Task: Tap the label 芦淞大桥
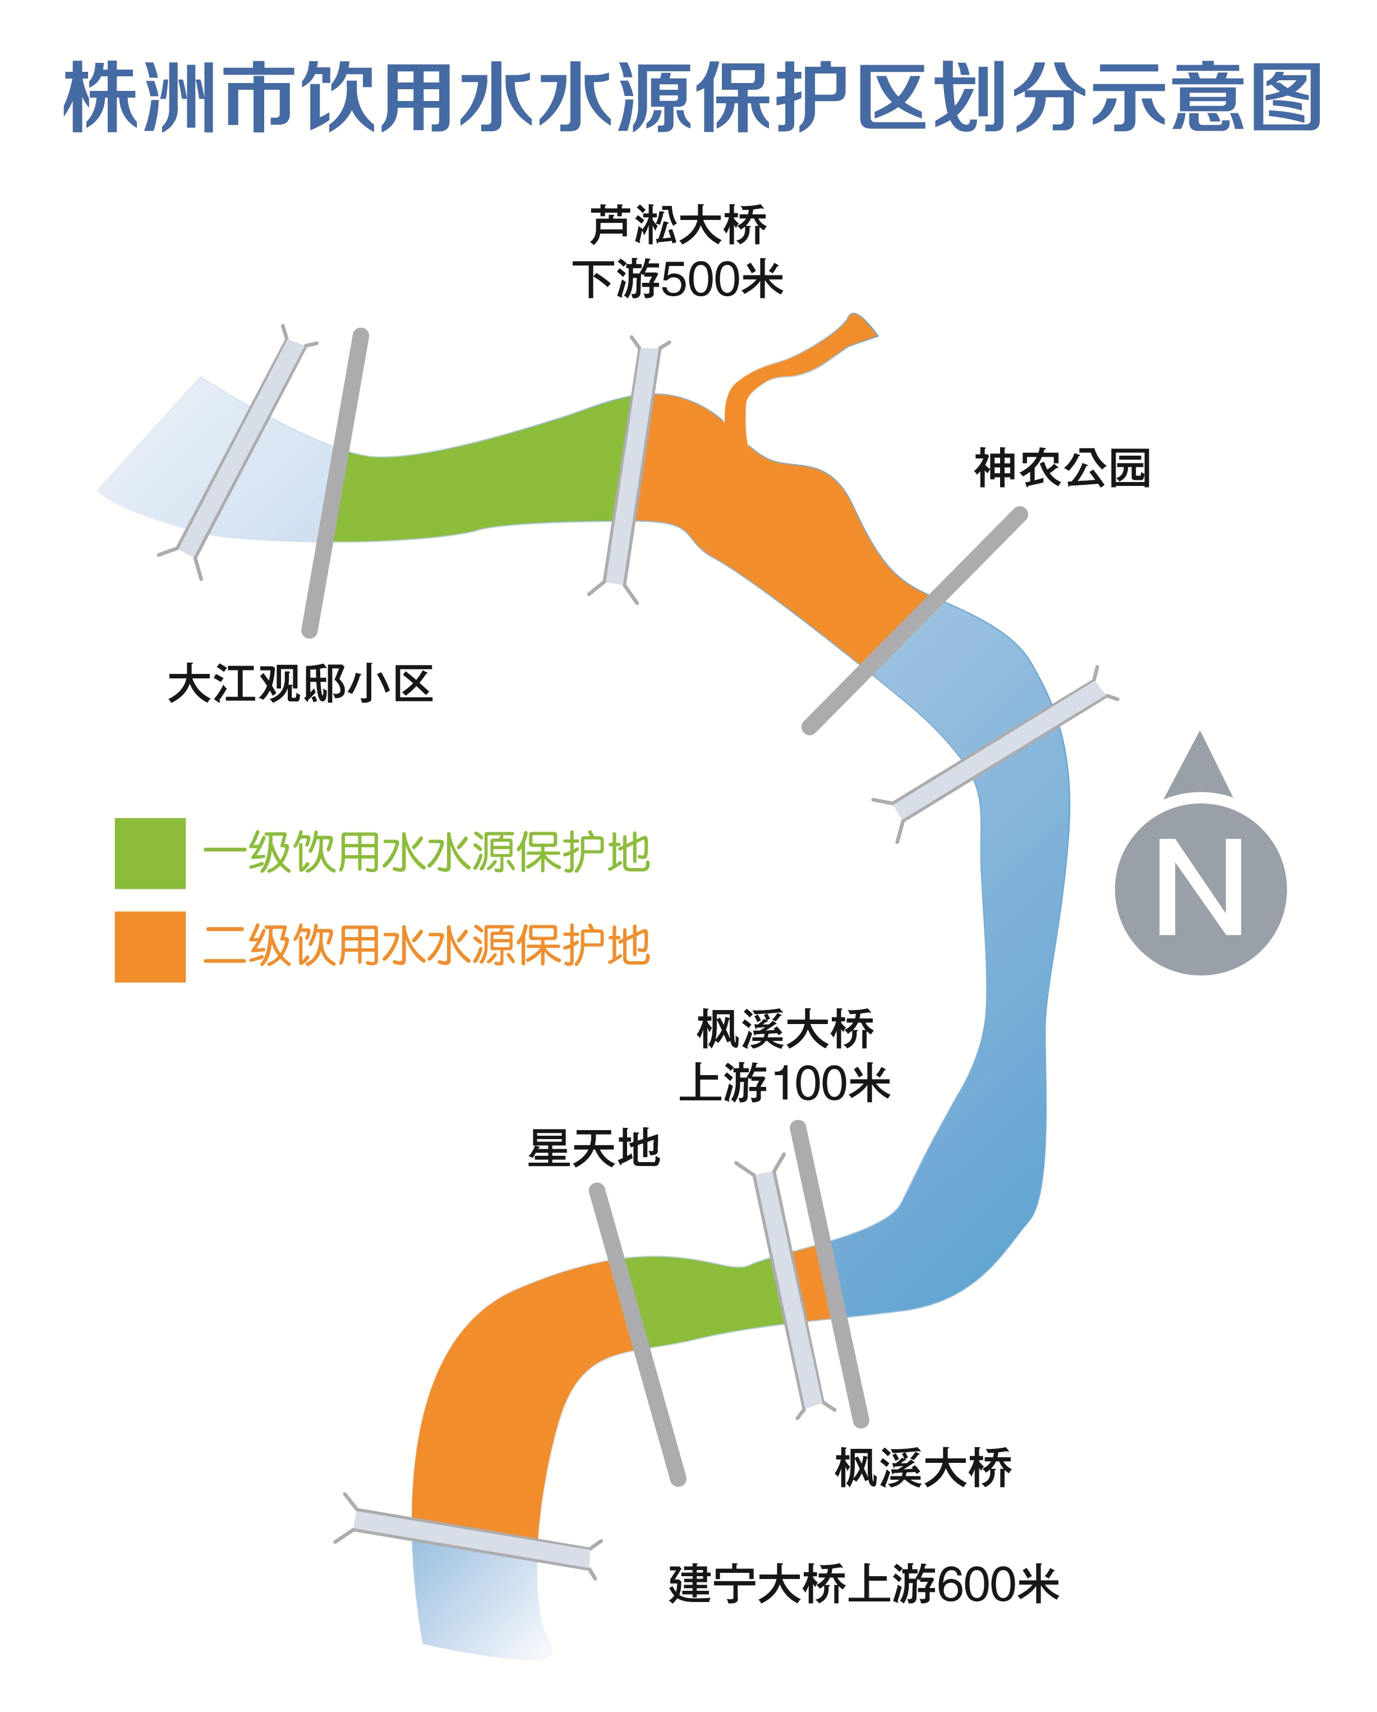pos(678,226)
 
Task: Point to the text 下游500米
pos(678,279)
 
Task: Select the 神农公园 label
pos(1062,468)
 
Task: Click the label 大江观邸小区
pos(300,683)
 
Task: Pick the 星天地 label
pos(593,1148)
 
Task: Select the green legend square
pos(150,853)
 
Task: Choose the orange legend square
pos(150,947)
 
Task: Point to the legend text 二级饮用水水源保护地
pos(427,945)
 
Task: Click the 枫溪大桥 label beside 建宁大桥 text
pos(923,1468)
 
